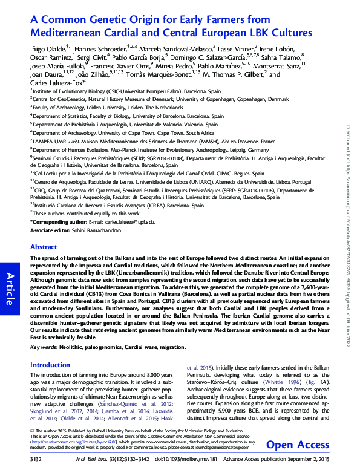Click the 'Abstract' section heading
pos(44,247)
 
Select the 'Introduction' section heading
pos(50,365)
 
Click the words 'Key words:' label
pos(44,349)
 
